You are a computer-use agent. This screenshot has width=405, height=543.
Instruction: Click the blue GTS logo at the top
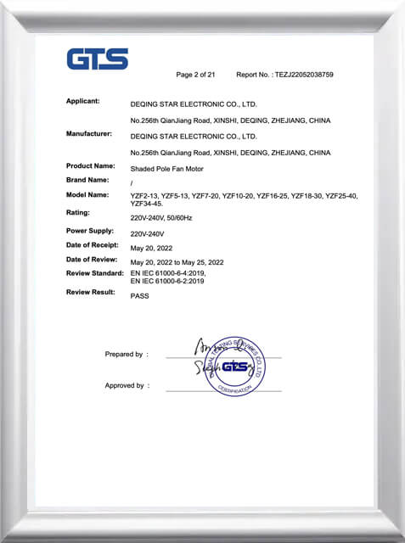tap(98, 59)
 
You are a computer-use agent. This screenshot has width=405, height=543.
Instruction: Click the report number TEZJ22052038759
tap(304, 75)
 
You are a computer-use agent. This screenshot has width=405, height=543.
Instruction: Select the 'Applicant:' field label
tap(83, 102)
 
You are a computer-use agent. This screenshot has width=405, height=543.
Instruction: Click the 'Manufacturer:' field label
tap(89, 134)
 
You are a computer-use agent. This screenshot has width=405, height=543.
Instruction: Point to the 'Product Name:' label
tap(91, 165)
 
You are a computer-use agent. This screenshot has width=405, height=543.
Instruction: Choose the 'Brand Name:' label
tap(87, 180)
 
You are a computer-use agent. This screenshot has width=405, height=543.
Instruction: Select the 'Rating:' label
tap(78, 212)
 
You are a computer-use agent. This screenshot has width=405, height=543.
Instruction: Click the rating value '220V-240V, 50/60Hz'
tap(167, 217)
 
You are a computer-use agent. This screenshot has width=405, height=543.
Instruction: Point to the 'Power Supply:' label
tap(90, 231)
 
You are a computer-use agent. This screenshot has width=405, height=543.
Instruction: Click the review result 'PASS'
tap(139, 298)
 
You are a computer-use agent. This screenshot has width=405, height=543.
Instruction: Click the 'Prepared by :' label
tap(127, 354)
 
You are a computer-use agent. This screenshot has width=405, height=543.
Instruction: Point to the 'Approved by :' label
tap(125, 385)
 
